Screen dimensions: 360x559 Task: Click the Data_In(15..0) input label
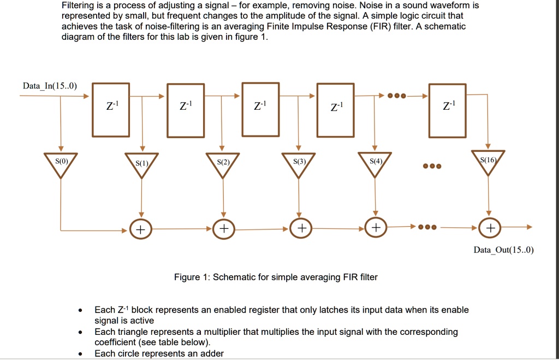(50, 86)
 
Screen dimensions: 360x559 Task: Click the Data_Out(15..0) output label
(503, 250)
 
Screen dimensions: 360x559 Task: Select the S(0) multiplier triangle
(61, 164)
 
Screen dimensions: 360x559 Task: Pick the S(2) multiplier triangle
(222, 165)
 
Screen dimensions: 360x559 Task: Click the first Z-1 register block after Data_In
(110, 109)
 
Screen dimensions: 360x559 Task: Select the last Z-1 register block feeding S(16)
(447, 109)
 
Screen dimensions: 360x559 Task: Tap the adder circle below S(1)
(140, 229)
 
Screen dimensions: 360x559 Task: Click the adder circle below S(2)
(223, 228)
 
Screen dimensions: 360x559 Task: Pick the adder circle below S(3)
(300, 228)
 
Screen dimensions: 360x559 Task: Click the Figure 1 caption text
(276, 277)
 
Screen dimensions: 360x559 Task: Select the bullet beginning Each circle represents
(159, 353)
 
